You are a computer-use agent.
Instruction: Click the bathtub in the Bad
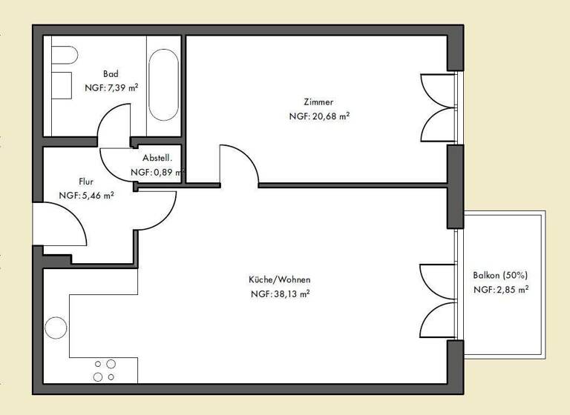point(163,85)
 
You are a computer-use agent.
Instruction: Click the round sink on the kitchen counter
point(56,327)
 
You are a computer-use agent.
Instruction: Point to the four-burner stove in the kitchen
point(104,371)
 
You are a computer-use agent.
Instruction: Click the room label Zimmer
point(318,102)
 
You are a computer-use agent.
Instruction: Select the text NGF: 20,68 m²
point(319,116)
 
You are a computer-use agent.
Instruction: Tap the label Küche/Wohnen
point(279,279)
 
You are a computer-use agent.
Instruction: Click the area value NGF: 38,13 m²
point(280,293)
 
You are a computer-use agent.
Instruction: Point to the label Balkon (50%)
point(501,276)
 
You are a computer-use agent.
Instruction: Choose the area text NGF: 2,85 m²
point(501,290)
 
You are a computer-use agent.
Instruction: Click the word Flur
point(86,181)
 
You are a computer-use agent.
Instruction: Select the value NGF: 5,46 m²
point(86,196)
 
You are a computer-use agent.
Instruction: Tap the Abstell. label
point(157,158)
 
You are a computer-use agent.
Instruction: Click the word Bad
point(111,74)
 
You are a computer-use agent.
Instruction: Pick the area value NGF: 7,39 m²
point(112,87)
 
